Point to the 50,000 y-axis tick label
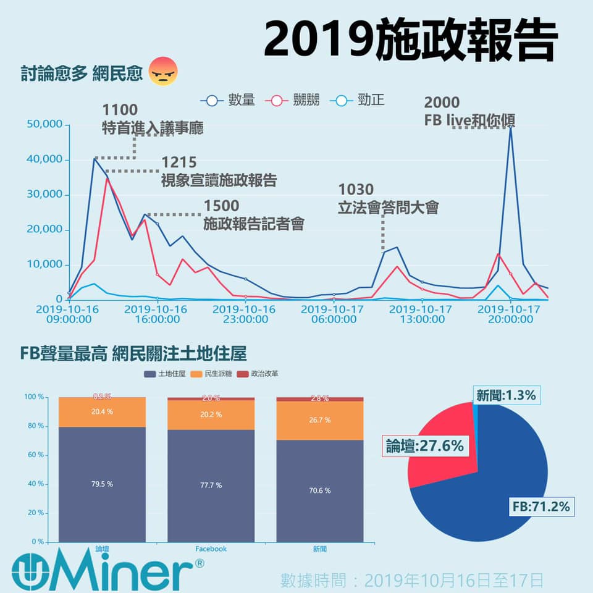tap(45, 124)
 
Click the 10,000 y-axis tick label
tap(45, 264)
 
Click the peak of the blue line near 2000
tap(510, 127)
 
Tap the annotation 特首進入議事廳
tap(153, 128)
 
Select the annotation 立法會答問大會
tap(388, 208)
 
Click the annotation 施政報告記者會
tap(254, 224)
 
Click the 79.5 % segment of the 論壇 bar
tap(102, 484)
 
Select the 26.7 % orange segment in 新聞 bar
tap(319, 420)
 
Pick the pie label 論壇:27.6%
tap(425, 445)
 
